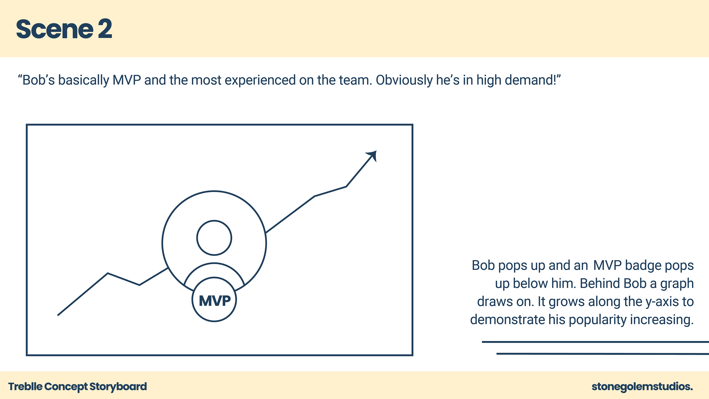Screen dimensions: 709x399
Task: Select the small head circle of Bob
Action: pyautogui.click(x=214, y=238)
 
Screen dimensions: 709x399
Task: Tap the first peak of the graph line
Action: pyautogui.click(x=108, y=273)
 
